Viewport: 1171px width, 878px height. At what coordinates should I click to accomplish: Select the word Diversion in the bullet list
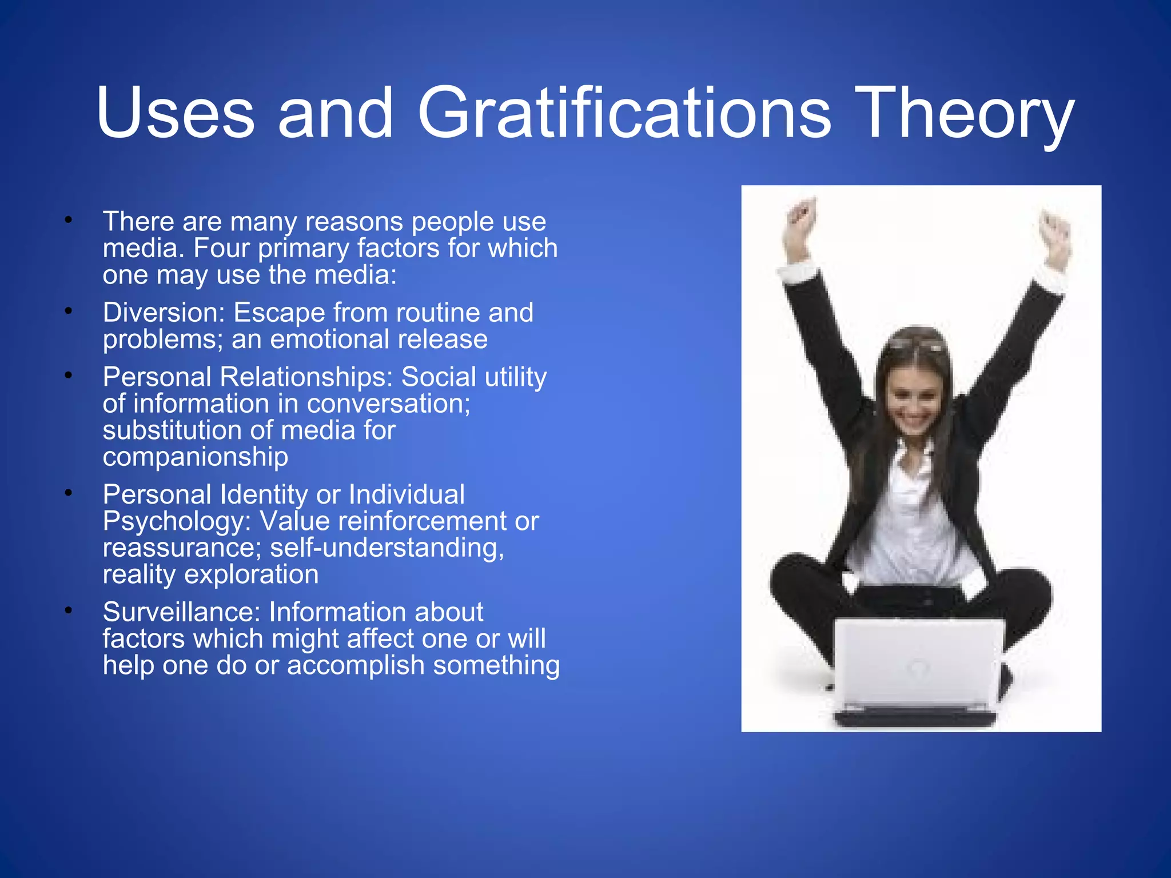point(163,313)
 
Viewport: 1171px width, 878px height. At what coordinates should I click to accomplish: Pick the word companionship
point(195,457)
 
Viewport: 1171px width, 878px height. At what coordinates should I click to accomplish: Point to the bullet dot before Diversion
point(69,312)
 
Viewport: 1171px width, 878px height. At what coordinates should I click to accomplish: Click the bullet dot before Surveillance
point(69,611)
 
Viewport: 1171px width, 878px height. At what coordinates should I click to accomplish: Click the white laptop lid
point(918,663)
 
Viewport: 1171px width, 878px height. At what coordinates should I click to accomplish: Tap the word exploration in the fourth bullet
point(251,574)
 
